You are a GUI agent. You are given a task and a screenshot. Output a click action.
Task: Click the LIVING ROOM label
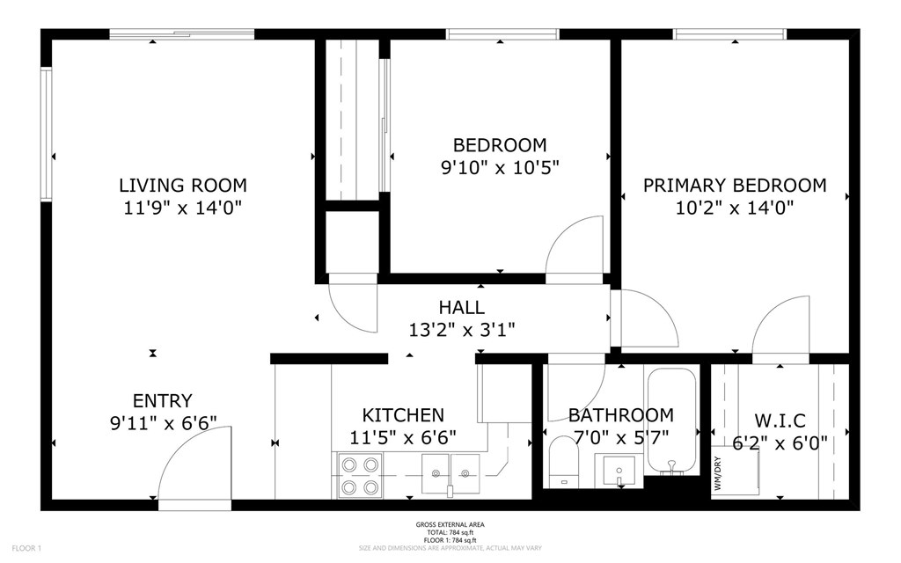(182, 186)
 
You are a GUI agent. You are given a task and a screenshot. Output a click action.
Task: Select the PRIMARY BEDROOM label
(734, 186)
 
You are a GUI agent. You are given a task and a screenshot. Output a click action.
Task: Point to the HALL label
(461, 308)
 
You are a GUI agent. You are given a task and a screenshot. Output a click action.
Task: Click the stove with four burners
(358, 476)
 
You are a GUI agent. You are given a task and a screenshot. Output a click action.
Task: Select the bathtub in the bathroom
(671, 420)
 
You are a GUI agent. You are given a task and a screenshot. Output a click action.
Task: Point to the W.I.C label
(780, 421)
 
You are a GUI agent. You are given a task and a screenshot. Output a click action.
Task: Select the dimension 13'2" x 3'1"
(461, 330)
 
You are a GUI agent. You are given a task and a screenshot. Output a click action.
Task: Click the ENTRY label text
(162, 400)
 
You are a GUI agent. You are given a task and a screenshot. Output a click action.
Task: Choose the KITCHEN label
(403, 415)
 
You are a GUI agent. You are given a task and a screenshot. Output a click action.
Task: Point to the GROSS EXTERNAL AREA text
(450, 525)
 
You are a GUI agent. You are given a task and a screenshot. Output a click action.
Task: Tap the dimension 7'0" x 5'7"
(620, 436)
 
